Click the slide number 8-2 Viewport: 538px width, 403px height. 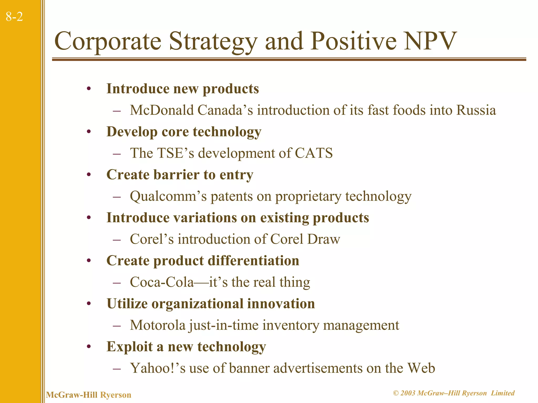tap(14, 17)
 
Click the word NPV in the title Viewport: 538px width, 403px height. tap(430, 41)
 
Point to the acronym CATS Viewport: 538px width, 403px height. tap(314, 153)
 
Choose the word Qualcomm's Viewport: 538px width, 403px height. tap(168, 196)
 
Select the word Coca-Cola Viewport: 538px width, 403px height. tap(162, 282)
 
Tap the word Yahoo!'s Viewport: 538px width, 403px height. tap(158, 368)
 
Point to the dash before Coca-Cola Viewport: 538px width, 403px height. tap(116, 283)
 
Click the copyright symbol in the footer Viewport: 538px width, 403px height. tap(396, 393)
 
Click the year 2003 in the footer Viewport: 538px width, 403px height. tap(408, 393)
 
